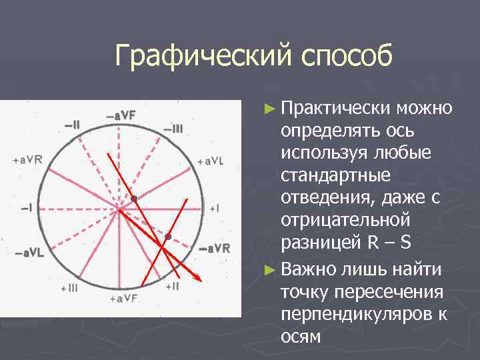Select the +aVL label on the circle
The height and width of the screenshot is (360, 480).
coord(211,161)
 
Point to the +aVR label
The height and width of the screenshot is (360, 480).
coord(27,159)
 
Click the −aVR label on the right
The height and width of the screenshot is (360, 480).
coord(215,248)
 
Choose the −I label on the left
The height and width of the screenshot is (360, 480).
coord(26,208)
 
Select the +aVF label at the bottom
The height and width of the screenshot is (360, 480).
coord(123,298)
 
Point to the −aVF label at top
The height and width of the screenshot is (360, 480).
coord(120,115)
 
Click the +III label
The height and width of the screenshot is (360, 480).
coord(69,287)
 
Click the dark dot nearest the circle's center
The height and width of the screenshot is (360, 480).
coord(134,199)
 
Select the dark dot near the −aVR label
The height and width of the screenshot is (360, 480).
coord(169,237)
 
